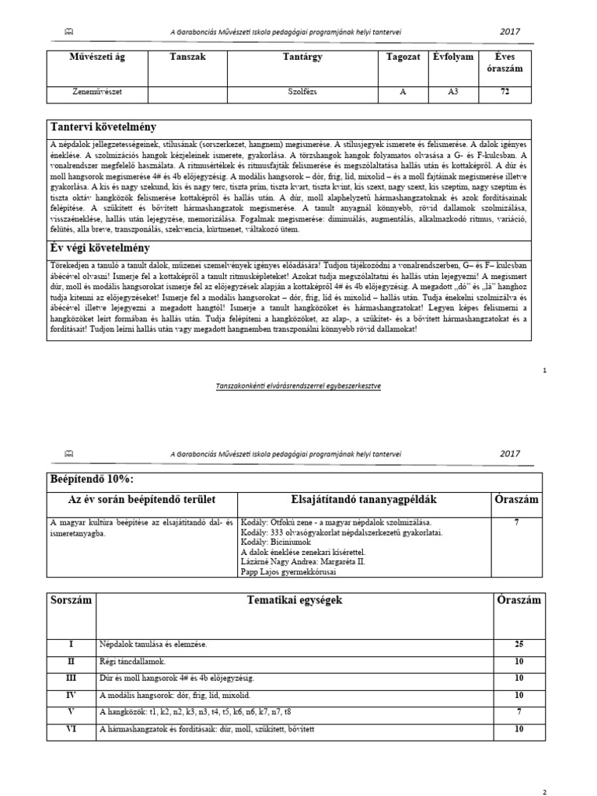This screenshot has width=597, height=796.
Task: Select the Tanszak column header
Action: click(189, 58)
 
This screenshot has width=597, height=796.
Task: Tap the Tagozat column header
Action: click(403, 58)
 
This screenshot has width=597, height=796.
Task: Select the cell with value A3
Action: click(453, 92)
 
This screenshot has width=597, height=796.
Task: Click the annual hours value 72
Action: click(508, 92)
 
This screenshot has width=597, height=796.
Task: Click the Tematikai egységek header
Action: click(294, 601)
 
